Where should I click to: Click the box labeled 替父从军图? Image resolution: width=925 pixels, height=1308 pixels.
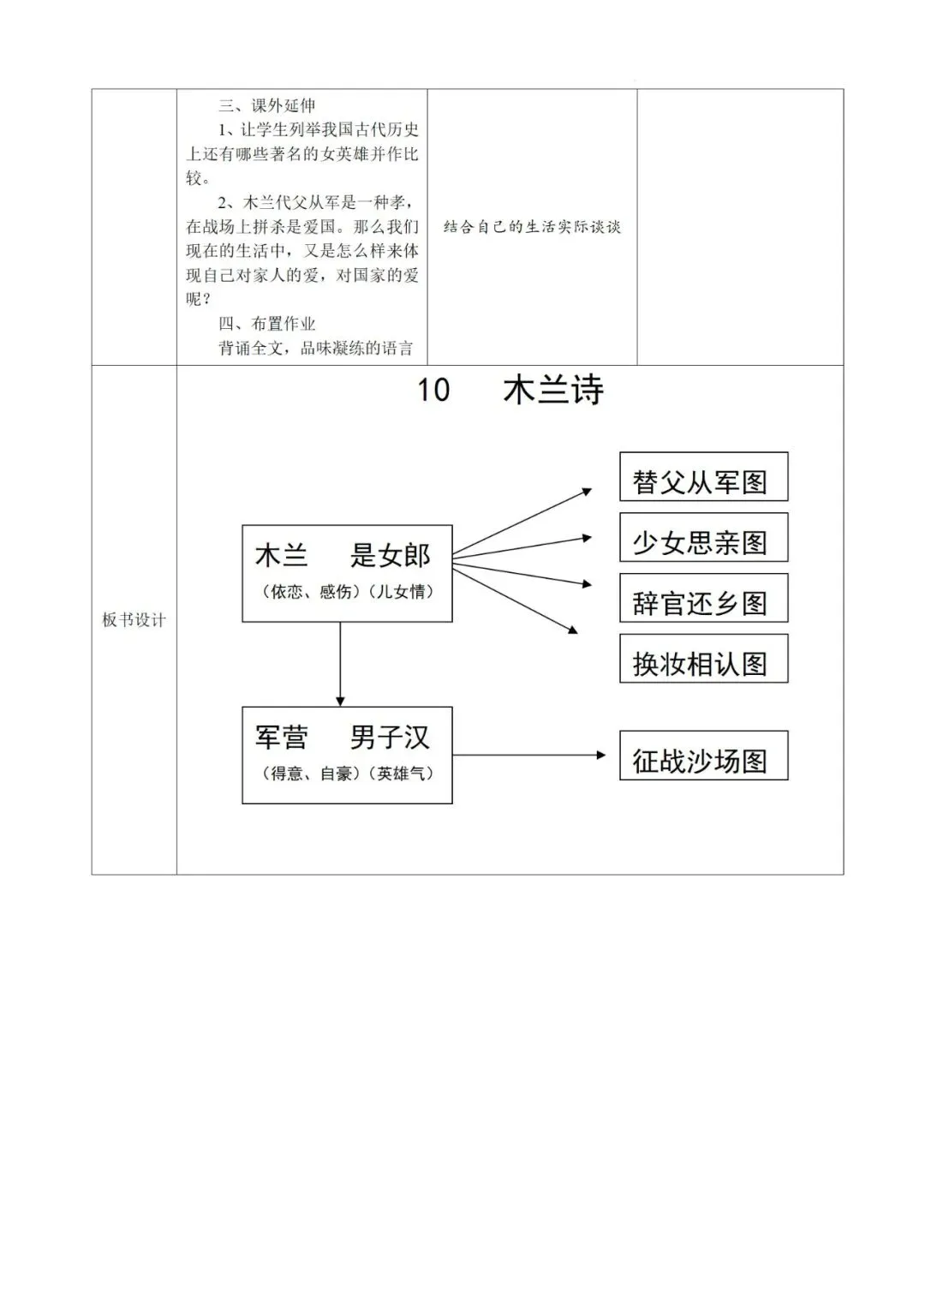point(703,478)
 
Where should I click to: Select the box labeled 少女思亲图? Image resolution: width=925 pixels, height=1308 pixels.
point(703,538)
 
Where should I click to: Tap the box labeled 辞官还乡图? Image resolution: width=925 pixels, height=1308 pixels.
point(703,599)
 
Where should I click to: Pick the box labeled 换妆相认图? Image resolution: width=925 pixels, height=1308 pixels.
point(703,659)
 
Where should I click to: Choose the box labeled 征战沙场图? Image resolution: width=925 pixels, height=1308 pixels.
point(703,756)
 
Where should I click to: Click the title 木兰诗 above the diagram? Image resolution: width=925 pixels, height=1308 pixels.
point(553,391)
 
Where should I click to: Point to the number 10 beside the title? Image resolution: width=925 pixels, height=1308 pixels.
point(433,391)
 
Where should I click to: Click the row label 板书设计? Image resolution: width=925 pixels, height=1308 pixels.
point(134,620)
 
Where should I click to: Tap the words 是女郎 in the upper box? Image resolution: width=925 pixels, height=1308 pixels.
point(390,556)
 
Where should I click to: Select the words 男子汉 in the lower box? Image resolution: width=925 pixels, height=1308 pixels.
point(390,738)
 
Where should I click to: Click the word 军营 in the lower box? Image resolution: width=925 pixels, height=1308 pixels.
point(282,738)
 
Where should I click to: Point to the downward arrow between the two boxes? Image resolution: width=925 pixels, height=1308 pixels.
point(341,664)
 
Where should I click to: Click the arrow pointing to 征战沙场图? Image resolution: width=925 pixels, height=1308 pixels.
point(528,755)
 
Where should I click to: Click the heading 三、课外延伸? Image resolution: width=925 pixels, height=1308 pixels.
point(267,105)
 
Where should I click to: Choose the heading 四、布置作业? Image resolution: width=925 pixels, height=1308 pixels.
point(267,324)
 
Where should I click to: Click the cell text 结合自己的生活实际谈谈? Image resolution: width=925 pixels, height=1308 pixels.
point(532,227)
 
